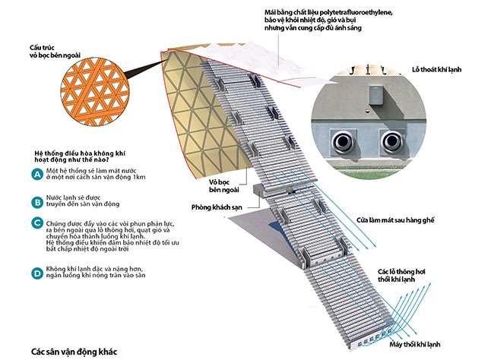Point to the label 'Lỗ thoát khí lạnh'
(440, 69)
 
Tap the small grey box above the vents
(375, 96)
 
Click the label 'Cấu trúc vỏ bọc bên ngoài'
(49, 51)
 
